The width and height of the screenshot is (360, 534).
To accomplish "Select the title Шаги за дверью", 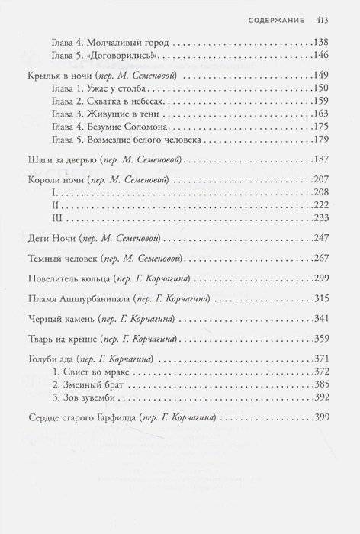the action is tap(59, 159).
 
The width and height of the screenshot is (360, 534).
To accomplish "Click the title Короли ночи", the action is tap(55, 182).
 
